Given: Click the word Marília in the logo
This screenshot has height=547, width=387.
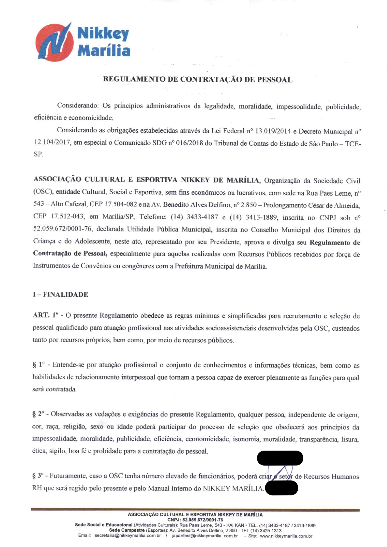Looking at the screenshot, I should pyautogui.click(x=104, y=51).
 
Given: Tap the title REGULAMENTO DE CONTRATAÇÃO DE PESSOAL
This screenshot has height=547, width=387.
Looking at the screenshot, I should pyautogui.click(x=198, y=80).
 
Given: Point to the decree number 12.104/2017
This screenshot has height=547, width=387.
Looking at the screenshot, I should pyautogui.click(x=52, y=143).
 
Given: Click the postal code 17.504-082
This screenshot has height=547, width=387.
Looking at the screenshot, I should pyautogui.click(x=120, y=204).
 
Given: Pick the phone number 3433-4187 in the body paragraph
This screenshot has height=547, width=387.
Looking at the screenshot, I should pyautogui.click(x=202, y=217).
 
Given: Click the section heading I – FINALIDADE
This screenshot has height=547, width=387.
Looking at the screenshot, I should pyautogui.click(x=61, y=295).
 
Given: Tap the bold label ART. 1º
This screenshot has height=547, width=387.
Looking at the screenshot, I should pyautogui.click(x=46, y=315).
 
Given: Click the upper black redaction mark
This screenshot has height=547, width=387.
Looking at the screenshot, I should pyautogui.click(x=280, y=458).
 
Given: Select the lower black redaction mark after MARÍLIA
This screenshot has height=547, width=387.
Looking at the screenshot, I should pyautogui.click(x=281, y=488).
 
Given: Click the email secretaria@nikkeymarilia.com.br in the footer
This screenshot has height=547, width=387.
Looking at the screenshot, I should pyautogui.click(x=128, y=536).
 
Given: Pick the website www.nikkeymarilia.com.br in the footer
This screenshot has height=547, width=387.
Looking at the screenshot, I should pyautogui.click(x=286, y=536).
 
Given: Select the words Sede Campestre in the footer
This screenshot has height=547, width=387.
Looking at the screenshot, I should pyautogui.click(x=127, y=530).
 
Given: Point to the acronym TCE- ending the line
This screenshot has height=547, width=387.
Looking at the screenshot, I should pyautogui.click(x=353, y=144).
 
